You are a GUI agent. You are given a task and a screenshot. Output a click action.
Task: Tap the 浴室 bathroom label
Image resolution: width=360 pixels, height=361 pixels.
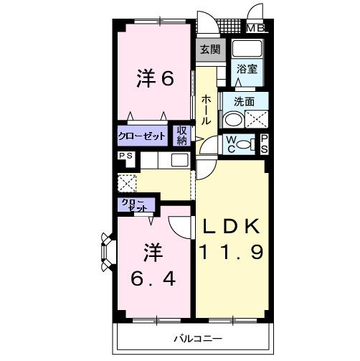248,70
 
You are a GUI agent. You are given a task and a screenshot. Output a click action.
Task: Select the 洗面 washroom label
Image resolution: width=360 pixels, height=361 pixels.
245,102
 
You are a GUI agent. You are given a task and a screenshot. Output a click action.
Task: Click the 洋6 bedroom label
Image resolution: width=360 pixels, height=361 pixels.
155,79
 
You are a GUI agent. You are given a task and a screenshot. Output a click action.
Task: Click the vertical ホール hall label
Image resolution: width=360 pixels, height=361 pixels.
206,110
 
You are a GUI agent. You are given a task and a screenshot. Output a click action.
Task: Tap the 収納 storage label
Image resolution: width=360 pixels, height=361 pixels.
181,135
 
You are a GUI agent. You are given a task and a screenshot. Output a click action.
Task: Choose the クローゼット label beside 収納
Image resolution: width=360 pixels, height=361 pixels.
143,136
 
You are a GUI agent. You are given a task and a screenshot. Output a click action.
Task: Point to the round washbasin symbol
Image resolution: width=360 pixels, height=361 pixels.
232,120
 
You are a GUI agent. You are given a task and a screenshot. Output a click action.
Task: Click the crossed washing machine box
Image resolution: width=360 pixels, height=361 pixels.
257,120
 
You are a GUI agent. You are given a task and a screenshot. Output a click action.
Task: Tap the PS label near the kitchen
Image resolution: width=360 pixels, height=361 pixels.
124,156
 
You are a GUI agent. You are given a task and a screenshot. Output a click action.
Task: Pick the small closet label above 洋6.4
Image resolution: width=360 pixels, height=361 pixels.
136,205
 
